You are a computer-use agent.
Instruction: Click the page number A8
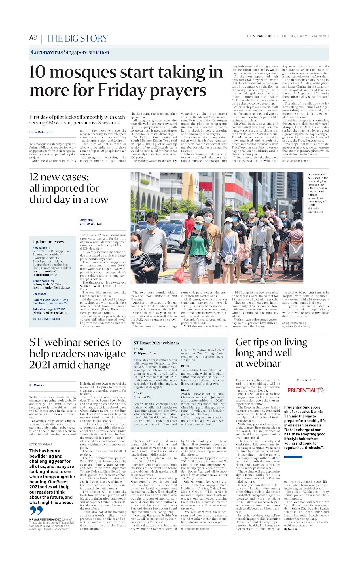pos(33,38)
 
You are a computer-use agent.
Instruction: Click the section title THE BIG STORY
pos(77,39)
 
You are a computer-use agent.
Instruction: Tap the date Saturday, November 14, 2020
pos(303,36)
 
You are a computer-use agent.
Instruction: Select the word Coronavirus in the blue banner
pos(47,52)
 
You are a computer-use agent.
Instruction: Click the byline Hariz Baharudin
pos(41,132)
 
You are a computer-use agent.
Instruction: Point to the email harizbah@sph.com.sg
pos(296,161)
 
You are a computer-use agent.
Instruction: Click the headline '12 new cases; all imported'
pos(69,188)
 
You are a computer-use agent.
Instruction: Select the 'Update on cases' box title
pos(48,242)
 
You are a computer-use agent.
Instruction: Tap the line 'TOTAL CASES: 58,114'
pos(46,319)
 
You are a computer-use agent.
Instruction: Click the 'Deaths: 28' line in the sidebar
pos(40,294)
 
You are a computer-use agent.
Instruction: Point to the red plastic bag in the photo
pos(179,275)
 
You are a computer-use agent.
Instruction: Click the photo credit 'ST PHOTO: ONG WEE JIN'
pos(315,210)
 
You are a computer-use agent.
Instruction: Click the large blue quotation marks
pos(36,511)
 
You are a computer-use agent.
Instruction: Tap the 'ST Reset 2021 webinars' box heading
pos(156,343)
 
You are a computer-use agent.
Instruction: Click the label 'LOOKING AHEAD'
pos(41,445)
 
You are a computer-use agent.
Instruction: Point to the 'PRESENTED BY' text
pos(306,380)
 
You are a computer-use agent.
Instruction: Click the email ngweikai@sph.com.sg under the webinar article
pos(195,529)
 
